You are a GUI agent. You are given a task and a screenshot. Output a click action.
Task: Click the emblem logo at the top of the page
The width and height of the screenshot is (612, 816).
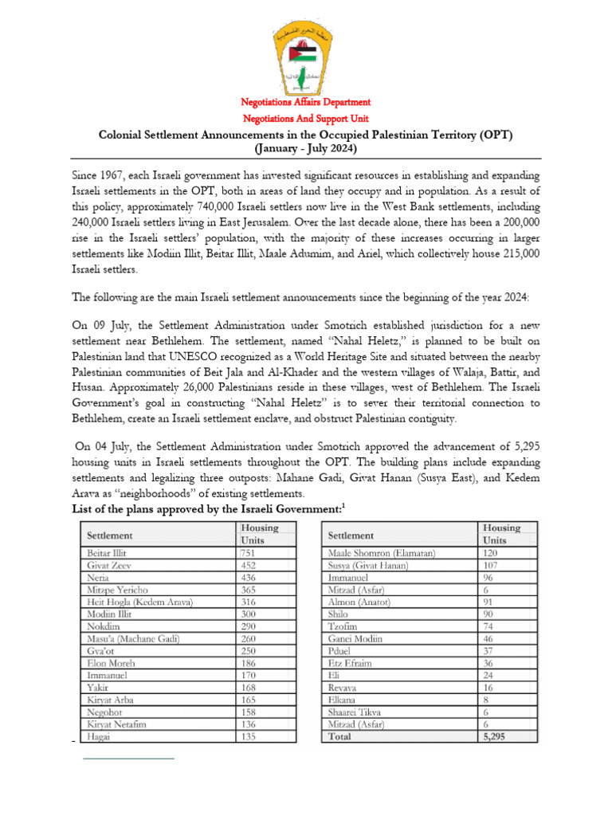[306, 49]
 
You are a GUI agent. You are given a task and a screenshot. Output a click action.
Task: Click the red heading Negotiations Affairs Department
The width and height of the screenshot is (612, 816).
[306, 102]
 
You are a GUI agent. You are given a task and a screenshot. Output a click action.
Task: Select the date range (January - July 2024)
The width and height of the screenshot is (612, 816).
[306, 148]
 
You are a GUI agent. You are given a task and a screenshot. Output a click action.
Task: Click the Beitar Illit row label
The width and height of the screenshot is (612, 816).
[108, 552]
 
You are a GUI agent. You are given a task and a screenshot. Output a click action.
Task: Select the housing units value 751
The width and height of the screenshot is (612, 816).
[249, 552]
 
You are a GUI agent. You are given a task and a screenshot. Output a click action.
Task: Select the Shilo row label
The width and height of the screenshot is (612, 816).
[339, 614]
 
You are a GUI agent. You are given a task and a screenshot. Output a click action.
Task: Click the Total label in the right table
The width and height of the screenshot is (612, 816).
[341, 737]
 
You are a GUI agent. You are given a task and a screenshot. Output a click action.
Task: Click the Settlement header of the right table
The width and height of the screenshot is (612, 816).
[351, 535]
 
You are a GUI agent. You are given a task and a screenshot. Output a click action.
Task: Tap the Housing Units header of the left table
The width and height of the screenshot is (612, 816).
[259, 534]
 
